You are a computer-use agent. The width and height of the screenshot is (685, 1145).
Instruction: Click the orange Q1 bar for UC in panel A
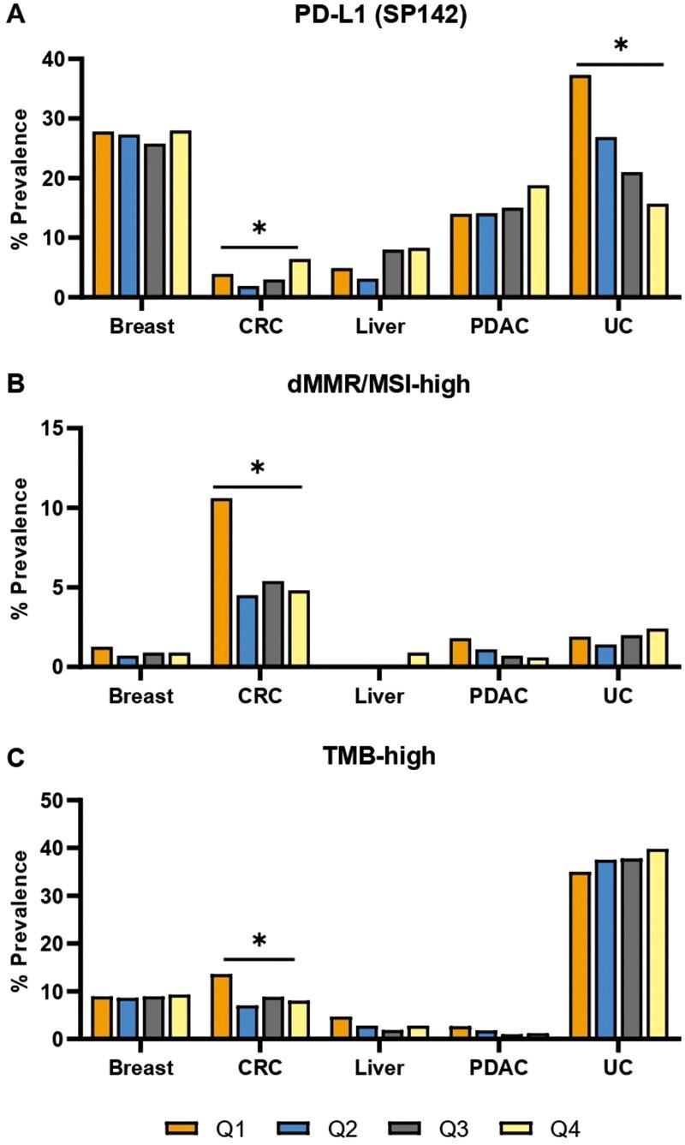tap(580, 187)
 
